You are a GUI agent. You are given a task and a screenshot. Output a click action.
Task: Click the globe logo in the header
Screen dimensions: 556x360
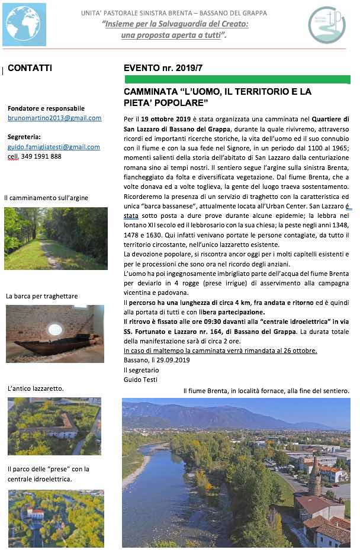pos(24,24)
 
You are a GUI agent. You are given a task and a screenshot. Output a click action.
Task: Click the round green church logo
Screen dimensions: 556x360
pos(326,24)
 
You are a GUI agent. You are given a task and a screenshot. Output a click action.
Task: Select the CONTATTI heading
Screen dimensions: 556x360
pos(30,68)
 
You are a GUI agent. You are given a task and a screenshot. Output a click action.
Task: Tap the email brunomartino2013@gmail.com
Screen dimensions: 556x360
pos(54,118)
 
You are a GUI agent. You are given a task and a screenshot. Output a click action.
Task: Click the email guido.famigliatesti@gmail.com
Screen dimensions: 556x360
pos(54,147)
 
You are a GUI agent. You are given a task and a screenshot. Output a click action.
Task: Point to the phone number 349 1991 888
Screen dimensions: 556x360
pos(39,156)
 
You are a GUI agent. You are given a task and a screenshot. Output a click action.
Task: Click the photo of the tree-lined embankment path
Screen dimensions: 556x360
pos(56,238)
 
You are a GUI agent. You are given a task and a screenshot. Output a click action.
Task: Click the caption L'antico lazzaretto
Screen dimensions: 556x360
pos(36,388)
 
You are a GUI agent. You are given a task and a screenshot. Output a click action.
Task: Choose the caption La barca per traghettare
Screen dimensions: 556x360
pos(42,295)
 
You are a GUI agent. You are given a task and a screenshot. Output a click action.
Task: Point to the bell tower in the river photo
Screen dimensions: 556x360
pos(314,475)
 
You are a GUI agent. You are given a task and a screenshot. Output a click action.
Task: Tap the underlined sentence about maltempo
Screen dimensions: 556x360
pos(220,351)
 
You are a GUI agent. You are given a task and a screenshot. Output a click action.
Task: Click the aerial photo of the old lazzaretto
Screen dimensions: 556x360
pos(54,426)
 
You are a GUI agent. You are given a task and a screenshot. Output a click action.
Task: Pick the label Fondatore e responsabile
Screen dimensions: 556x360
pos(46,108)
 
